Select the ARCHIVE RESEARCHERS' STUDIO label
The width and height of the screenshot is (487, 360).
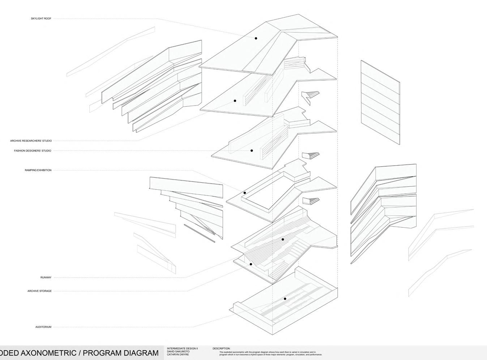pos(31,141)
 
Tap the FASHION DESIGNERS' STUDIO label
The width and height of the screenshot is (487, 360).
pos(33,151)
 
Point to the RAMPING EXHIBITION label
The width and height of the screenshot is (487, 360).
pos(38,170)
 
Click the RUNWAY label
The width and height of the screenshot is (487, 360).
pos(46,278)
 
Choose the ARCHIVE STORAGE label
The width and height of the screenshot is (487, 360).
pos(40,291)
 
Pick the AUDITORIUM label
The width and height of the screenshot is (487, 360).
pos(43,327)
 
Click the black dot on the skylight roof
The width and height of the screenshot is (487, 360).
pos(256,38)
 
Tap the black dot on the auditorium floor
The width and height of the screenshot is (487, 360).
pos(285,299)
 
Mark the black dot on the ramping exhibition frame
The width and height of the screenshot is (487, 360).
pos(245,193)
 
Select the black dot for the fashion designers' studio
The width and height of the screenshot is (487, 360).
pos(252,150)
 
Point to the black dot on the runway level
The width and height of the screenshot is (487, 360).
pos(283,239)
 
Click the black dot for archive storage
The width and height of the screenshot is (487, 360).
pos(251,264)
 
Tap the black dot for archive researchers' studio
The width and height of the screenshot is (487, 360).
pos(235,101)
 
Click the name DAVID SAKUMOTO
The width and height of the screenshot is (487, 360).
pos(178,351)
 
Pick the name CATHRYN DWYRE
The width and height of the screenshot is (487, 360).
pos(178,355)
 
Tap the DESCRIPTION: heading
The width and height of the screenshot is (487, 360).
pos(221,349)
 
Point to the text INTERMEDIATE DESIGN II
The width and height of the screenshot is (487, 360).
pos(182,348)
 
